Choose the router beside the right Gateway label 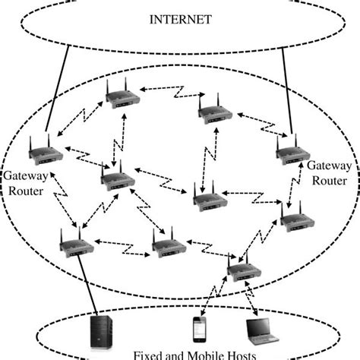coord(292,151)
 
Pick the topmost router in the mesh coord(121,95)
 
